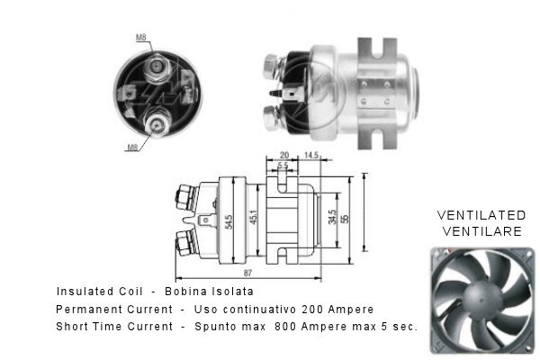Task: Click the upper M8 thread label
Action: [x=141, y=37]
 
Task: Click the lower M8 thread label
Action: [x=132, y=148]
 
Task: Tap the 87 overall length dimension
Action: [x=248, y=273]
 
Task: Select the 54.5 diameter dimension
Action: [x=229, y=222]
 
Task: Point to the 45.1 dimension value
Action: [x=254, y=218]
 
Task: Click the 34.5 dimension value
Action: [x=333, y=218]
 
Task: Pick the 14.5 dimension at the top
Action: [x=311, y=156]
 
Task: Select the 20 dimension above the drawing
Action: [x=284, y=156]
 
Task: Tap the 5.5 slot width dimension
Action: [x=283, y=166]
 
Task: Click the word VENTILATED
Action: [x=481, y=215]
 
